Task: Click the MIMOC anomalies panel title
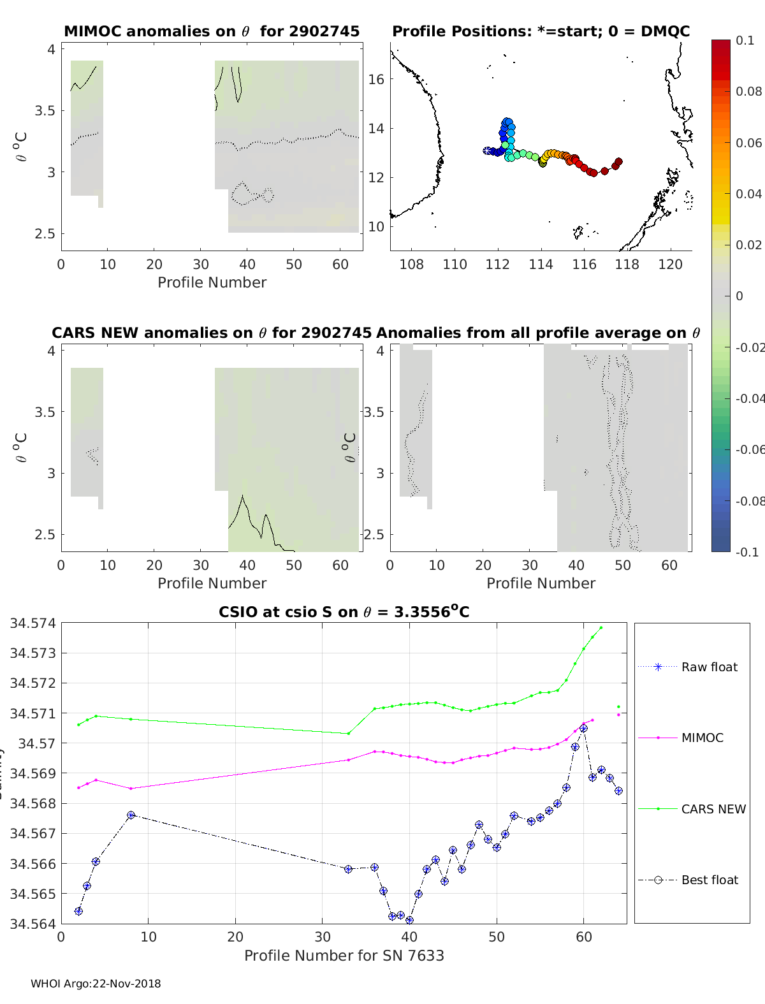coord(212,31)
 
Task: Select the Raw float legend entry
coord(709,667)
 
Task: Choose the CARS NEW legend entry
coord(713,809)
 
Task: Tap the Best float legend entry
coord(709,880)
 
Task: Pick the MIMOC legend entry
coord(702,738)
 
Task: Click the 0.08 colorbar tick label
coord(748,91)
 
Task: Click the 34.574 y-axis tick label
coord(32,623)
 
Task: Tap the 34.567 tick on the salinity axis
coord(32,834)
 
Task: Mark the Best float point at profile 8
coord(131,815)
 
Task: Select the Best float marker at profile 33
coord(348,869)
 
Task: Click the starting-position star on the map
coord(488,151)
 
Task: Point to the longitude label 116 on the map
coord(584,264)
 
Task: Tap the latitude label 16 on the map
coord(377,79)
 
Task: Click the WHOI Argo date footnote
coord(96,984)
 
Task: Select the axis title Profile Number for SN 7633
coord(344,956)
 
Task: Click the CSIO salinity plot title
coord(344,612)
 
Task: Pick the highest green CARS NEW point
coord(601,628)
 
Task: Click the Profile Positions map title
coord(541,31)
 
